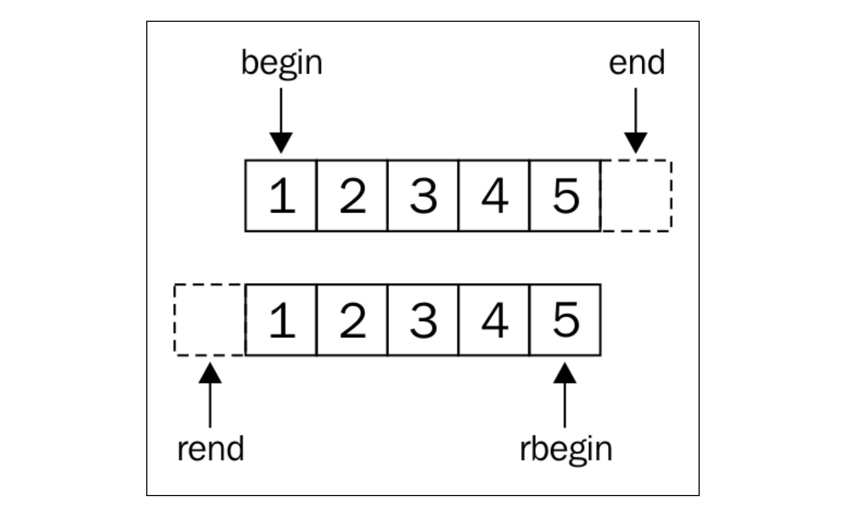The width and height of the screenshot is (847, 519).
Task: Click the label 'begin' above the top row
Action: (x=282, y=63)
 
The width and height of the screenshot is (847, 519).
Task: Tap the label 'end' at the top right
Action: (x=636, y=63)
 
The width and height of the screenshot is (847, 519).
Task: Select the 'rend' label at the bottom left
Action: (x=211, y=449)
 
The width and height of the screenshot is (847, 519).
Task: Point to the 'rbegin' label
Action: (x=566, y=450)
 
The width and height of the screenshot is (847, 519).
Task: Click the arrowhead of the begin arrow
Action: (x=281, y=143)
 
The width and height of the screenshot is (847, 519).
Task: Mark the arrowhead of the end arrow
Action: (x=636, y=143)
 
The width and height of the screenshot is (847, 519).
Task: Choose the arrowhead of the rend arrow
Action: (x=210, y=373)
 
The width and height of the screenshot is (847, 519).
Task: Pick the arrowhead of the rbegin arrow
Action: (x=565, y=373)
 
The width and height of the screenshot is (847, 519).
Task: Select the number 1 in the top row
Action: (x=282, y=196)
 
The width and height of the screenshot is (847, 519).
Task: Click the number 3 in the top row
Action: (x=423, y=196)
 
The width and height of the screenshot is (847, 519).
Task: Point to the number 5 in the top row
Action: (x=566, y=196)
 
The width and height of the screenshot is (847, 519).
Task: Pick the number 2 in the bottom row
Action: (x=353, y=320)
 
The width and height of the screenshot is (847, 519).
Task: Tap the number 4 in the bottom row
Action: (x=494, y=320)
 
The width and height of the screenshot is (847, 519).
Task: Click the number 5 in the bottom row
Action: (x=566, y=320)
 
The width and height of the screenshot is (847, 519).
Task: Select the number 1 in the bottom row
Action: (x=282, y=320)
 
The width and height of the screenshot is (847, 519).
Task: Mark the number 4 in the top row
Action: (x=494, y=196)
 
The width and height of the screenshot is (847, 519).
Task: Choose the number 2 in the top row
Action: (x=353, y=196)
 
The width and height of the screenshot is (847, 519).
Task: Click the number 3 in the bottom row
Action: (x=423, y=320)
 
